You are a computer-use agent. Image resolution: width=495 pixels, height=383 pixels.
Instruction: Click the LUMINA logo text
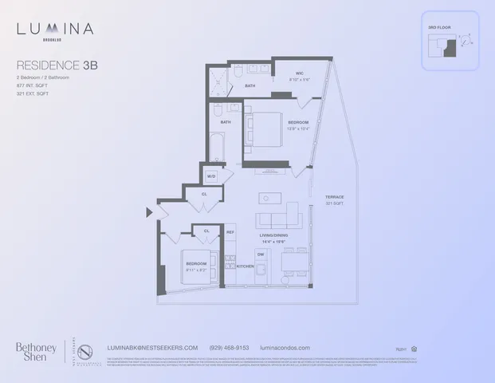pos(55,30)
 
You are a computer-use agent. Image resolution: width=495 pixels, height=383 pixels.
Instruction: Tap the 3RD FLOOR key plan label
pos(438,28)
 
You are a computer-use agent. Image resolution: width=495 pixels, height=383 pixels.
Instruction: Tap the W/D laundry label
pos(211,176)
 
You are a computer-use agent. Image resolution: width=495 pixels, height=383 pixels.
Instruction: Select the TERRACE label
pos(334,196)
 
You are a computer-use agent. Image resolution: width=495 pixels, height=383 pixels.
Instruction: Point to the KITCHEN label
pos(245,266)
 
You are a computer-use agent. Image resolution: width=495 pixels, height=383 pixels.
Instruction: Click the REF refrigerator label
pos(230,232)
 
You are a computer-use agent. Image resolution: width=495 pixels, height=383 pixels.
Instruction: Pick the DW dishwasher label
pos(260,254)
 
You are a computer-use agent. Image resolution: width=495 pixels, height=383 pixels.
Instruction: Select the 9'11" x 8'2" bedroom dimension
pos(197,268)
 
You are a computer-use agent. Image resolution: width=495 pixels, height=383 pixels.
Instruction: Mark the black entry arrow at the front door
pos(149,212)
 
